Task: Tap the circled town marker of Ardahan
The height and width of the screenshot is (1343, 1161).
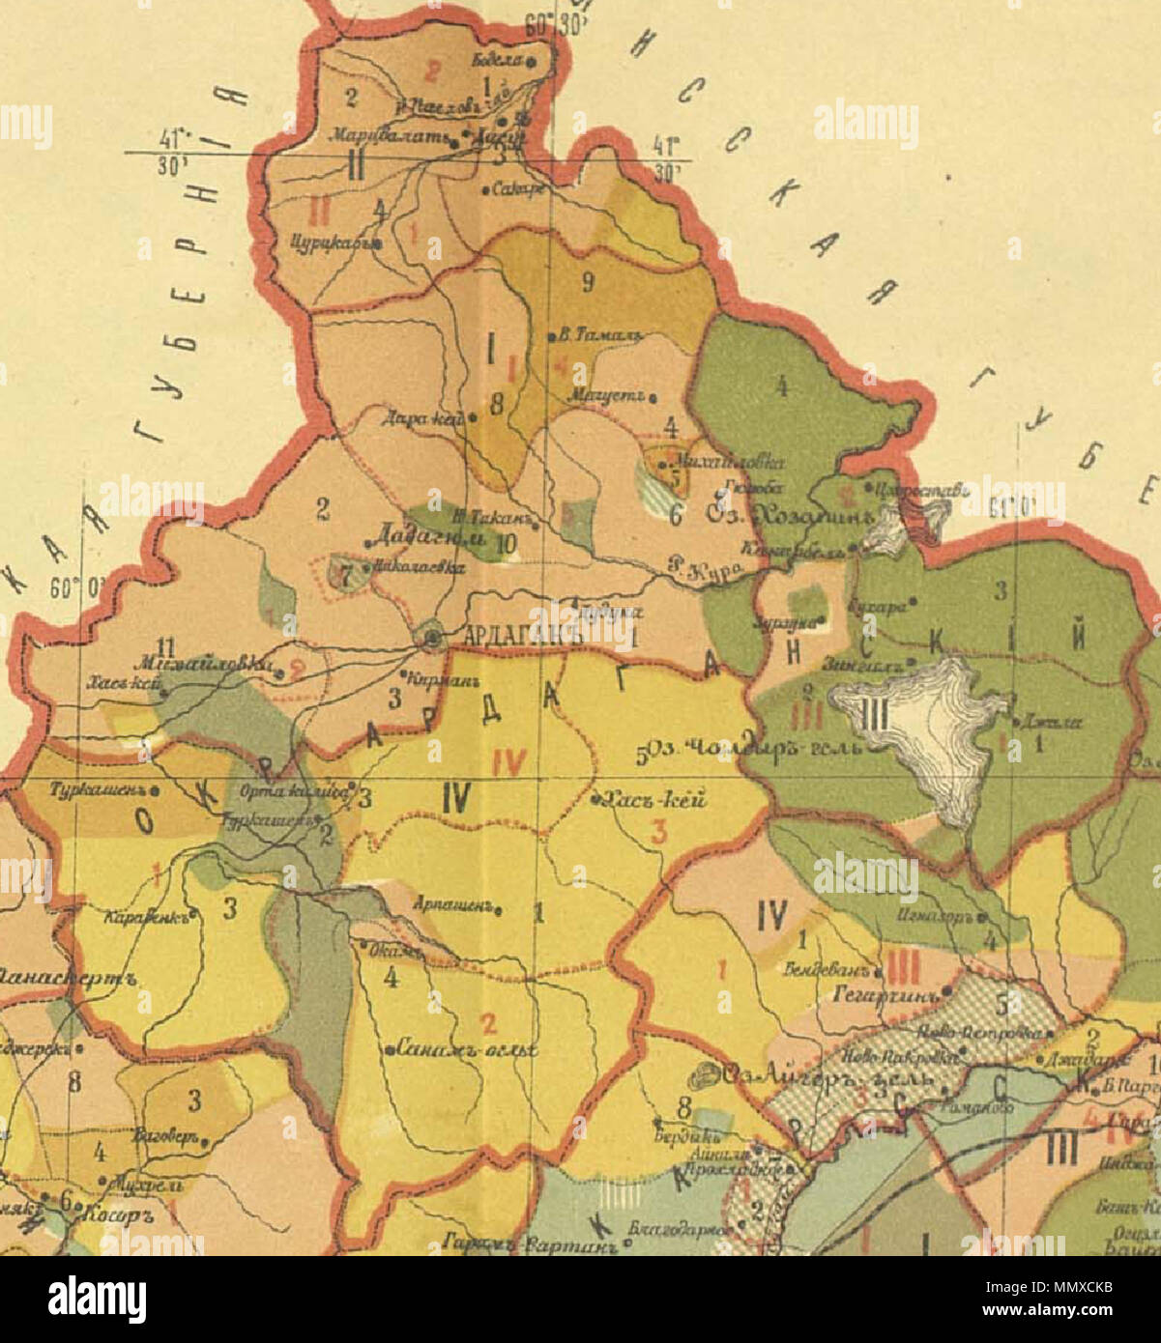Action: (431, 638)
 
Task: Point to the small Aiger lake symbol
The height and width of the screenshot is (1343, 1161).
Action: (708, 1073)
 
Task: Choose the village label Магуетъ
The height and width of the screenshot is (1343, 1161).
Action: (611, 396)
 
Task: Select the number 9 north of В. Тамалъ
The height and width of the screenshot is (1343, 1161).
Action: (587, 282)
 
